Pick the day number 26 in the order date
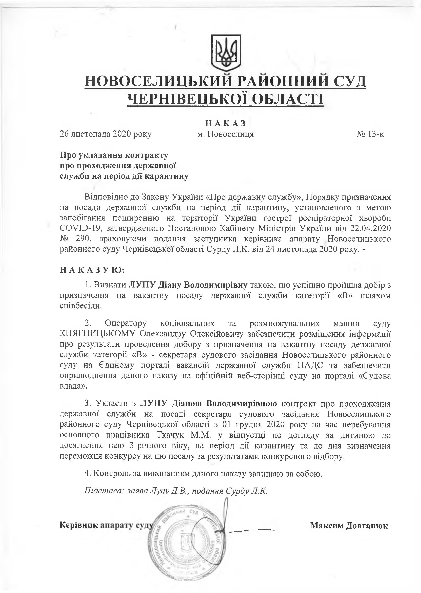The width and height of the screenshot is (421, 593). pyautogui.click(x=64, y=134)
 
